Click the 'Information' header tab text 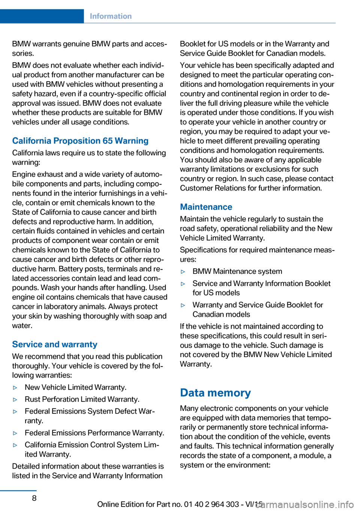111,16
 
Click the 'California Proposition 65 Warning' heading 80,141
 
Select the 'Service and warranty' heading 55,344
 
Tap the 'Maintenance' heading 206,207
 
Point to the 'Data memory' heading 215,393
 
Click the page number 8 34,498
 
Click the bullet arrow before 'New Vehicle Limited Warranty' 15,388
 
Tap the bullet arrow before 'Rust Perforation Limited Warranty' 15,400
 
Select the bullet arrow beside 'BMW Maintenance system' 183,272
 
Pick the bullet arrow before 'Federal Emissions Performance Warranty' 15,433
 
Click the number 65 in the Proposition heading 108,141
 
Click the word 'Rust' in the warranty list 33,399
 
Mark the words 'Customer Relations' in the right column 211,188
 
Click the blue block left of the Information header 42,16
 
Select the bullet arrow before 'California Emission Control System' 15,445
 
